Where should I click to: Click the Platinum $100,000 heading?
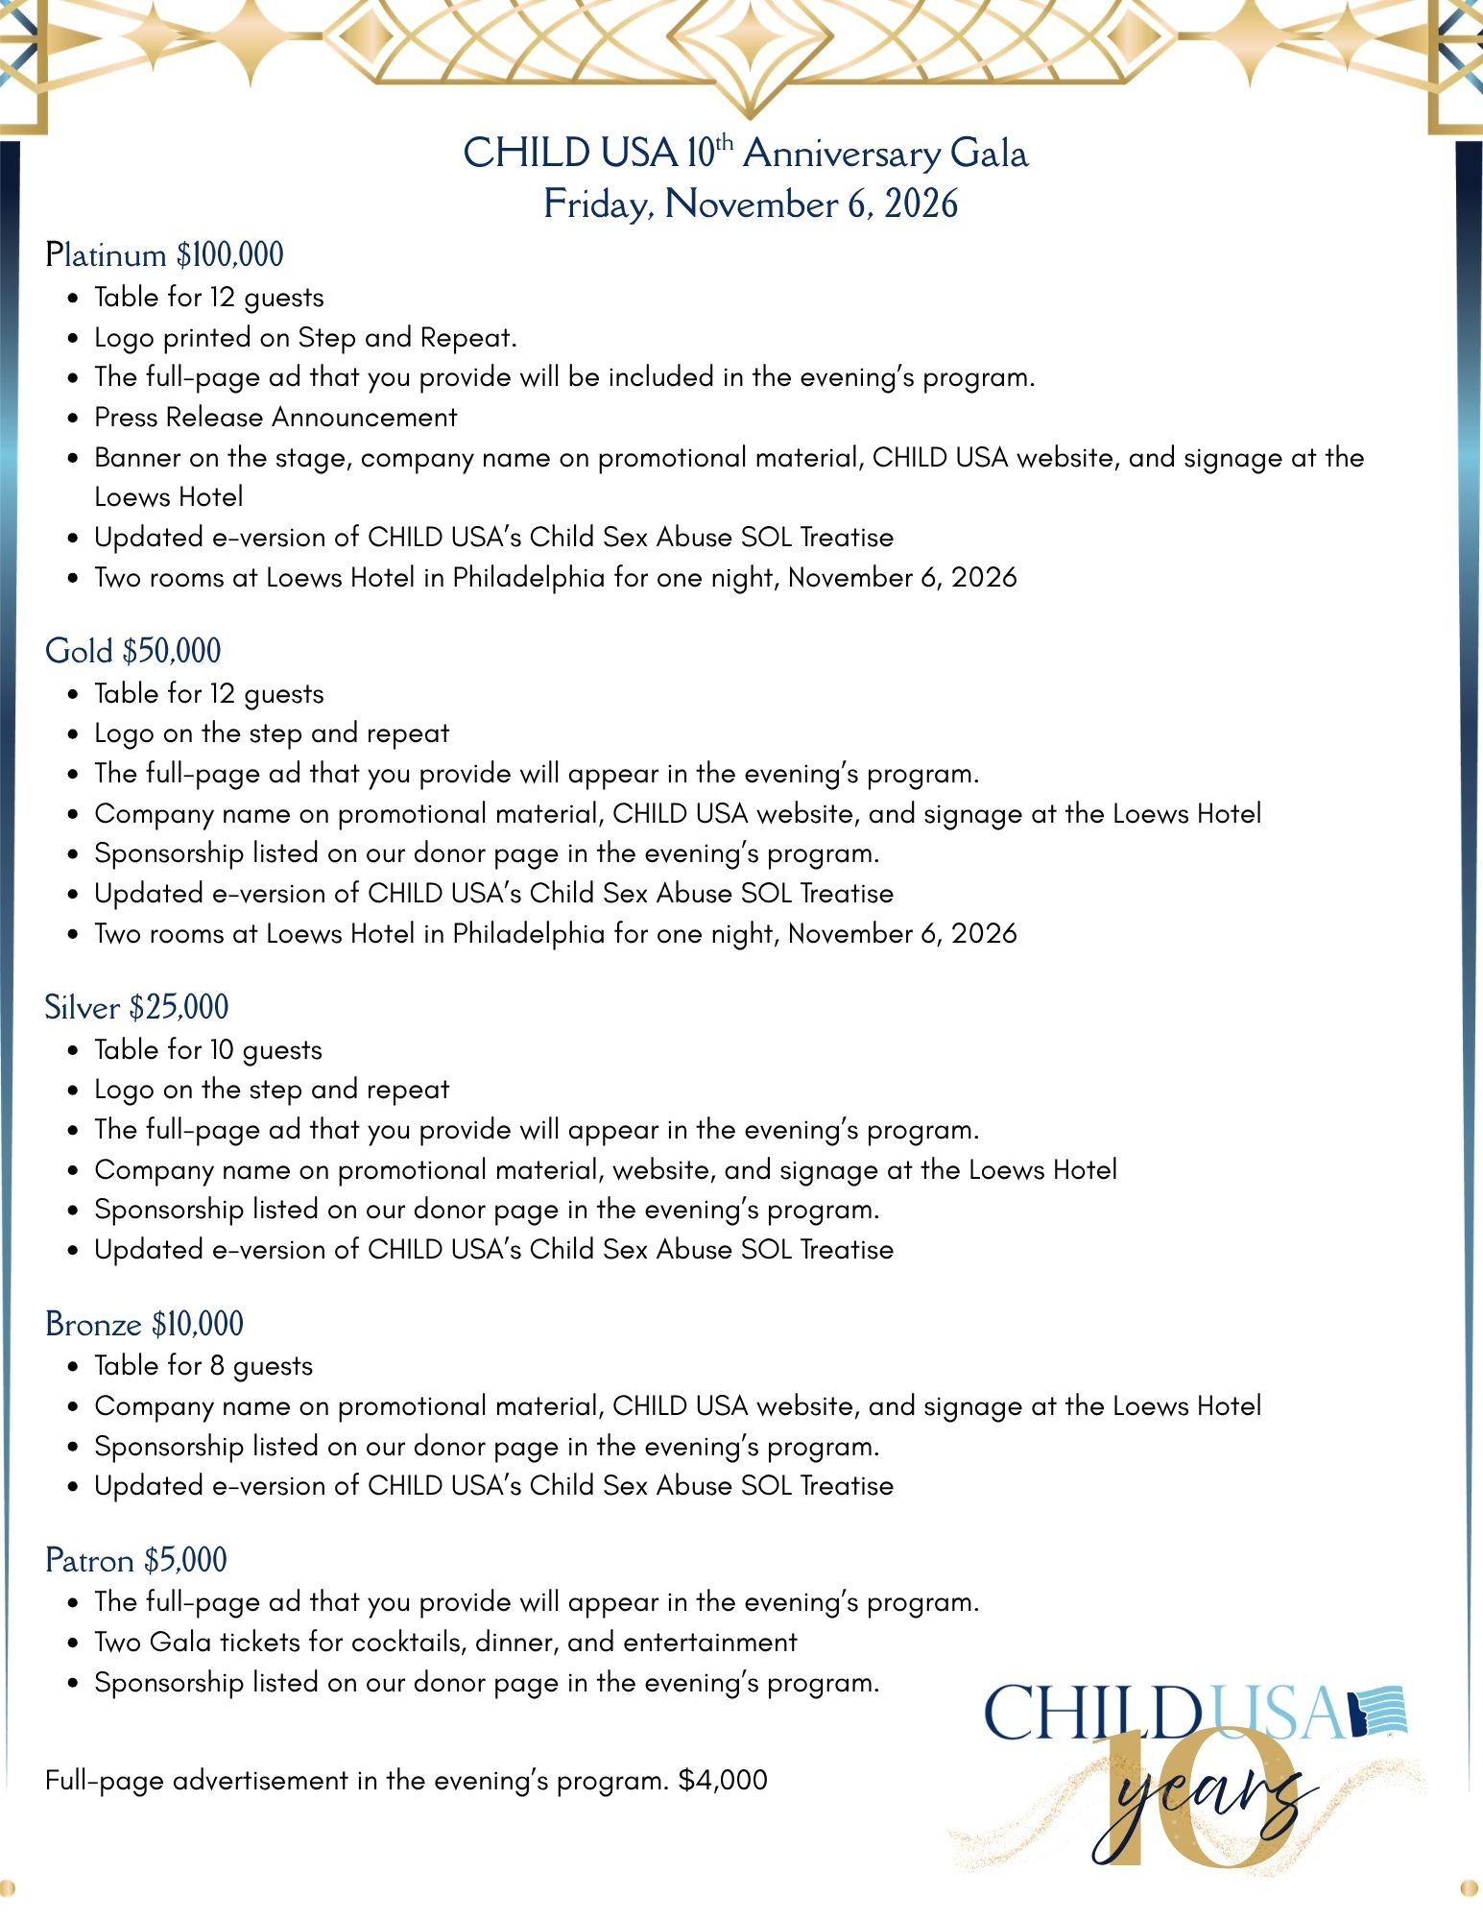(164, 255)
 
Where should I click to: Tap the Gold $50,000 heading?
(132, 651)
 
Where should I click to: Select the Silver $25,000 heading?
(136, 1007)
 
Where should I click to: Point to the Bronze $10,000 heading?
(144, 1324)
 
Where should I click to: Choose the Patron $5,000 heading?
(135, 1560)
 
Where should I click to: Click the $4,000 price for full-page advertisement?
(723, 1780)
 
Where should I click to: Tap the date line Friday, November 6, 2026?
(751, 204)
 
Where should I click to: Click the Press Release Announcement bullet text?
(275, 417)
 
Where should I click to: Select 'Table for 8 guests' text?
(203, 1365)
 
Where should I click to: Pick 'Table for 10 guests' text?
(208, 1049)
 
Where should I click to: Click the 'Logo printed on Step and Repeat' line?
(305, 337)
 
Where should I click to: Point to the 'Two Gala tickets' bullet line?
(445, 1642)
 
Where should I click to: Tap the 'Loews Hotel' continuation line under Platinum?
(168, 496)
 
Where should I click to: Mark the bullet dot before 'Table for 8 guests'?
(74, 1367)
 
